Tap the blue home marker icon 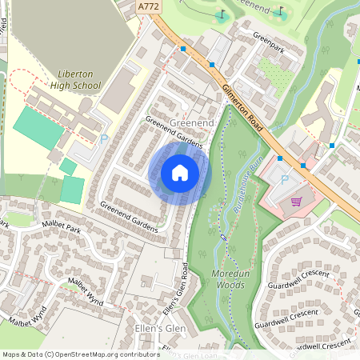(x=180, y=172)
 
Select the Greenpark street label (x=269, y=37)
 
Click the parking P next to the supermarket (x=285, y=179)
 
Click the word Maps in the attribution (x=12, y=354)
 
